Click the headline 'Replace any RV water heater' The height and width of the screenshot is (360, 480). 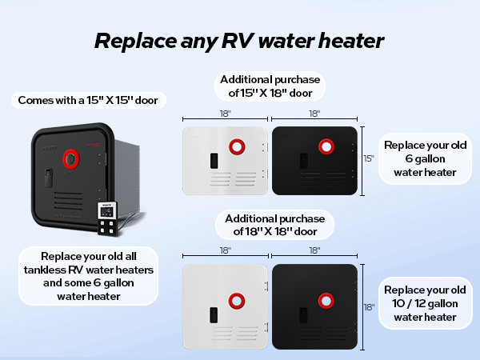[x=239, y=41]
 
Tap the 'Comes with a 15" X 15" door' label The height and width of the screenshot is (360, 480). [x=89, y=100]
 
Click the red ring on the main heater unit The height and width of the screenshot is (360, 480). [x=71, y=159]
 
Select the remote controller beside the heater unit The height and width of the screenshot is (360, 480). [x=108, y=218]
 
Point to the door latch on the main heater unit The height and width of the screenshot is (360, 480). [x=49, y=178]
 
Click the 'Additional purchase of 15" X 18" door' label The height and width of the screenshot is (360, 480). [x=270, y=86]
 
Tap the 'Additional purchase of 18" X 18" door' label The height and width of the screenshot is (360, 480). [x=274, y=225]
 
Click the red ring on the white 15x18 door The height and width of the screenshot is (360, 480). [x=237, y=146]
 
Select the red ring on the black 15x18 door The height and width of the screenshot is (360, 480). [x=326, y=146]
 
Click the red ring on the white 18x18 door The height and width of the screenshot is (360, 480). [x=237, y=301]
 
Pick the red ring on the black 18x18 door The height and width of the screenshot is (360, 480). [x=326, y=301]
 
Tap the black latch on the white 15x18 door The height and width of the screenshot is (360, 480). [x=214, y=161]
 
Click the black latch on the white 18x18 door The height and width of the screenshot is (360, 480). [x=214, y=315]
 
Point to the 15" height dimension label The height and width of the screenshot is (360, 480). [x=369, y=158]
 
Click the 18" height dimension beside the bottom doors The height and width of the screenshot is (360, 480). [x=369, y=307]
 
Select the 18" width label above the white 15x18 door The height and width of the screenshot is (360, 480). [x=226, y=114]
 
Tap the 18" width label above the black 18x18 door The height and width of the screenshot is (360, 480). [x=314, y=250]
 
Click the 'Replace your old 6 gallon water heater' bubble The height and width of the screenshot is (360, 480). [x=426, y=158]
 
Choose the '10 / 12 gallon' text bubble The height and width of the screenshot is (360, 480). [x=426, y=303]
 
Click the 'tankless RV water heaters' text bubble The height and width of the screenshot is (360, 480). [x=89, y=276]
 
